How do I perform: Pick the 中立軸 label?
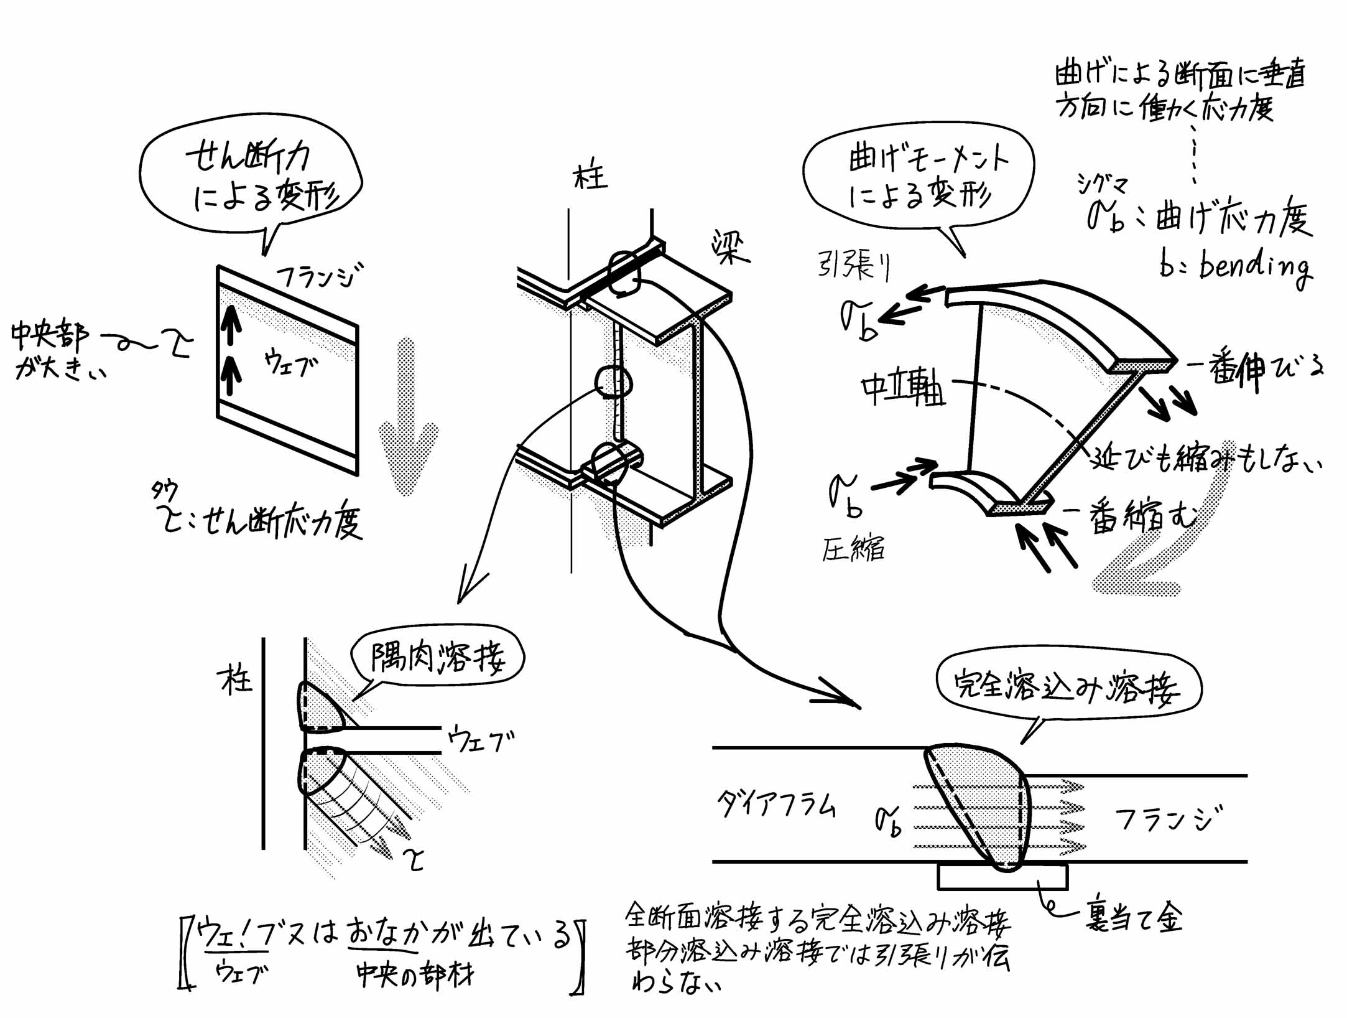point(903,390)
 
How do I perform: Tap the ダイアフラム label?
point(776,805)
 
